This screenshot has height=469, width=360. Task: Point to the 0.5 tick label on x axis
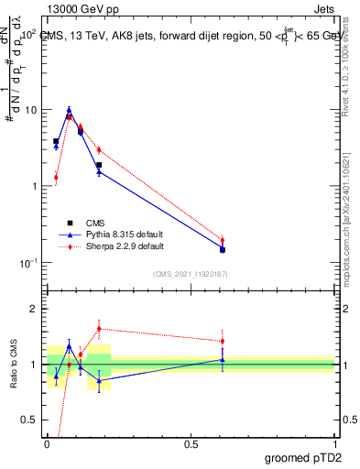tap(191, 443)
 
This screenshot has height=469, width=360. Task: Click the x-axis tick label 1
tap(334, 443)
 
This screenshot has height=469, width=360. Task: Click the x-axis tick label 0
tap(48, 443)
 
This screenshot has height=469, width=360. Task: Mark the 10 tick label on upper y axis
tap(30, 110)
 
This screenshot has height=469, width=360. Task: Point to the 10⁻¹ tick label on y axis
tap(28, 263)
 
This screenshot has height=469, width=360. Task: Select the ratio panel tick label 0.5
tap(31, 420)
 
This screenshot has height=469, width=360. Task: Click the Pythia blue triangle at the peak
tap(69, 109)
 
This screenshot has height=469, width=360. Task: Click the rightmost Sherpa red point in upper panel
tap(222, 240)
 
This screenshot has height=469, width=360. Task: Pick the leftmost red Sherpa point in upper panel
tap(56, 178)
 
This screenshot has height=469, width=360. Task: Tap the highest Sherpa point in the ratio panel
tap(99, 328)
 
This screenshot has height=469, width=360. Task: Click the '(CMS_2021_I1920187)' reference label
tap(191, 274)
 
